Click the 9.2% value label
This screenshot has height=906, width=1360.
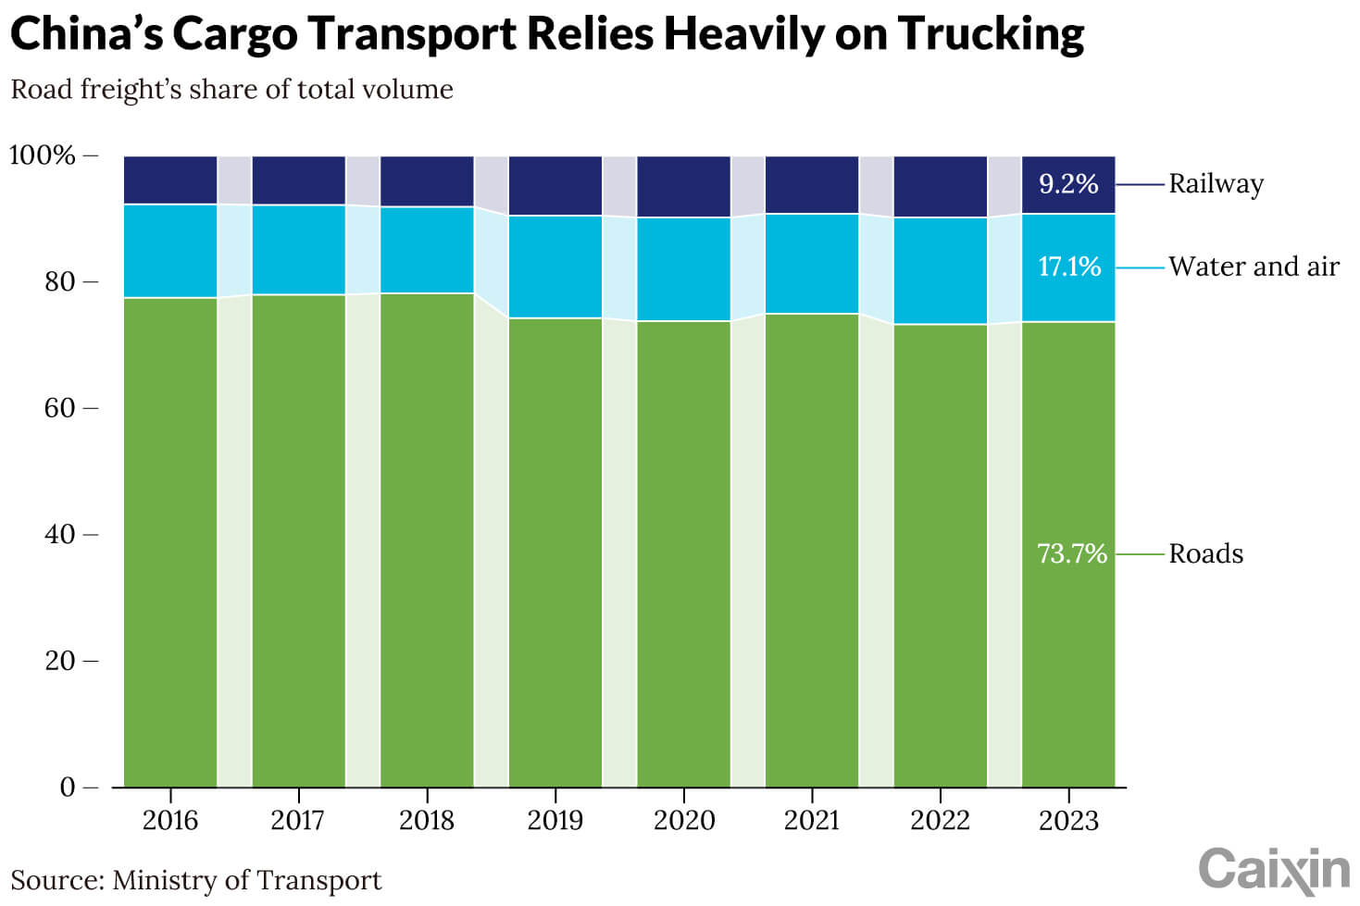(x=1068, y=184)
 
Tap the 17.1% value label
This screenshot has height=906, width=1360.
(x=1069, y=267)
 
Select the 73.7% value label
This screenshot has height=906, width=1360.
(x=1071, y=553)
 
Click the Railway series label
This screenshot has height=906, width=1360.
(x=1216, y=184)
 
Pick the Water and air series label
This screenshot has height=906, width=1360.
(x=1254, y=267)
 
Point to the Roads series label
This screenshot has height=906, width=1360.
(x=1205, y=553)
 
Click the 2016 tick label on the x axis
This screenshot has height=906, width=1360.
(x=170, y=820)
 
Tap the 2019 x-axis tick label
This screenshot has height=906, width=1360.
(x=555, y=820)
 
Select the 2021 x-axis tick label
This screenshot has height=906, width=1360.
(x=811, y=820)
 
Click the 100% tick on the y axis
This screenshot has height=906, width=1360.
(x=43, y=155)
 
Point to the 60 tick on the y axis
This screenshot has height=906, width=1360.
(x=59, y=408)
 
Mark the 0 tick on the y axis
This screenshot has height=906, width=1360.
(x=67, y=788)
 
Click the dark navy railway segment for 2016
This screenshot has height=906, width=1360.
(x=170, y=180)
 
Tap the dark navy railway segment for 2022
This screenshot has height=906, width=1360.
(x=940, y=187)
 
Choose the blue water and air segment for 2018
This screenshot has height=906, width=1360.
(x=427, y=250)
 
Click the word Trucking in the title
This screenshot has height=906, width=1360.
(x=991, y=34)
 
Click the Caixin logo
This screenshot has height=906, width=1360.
(x=1274, y=870)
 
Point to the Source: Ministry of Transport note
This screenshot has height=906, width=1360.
(x=195, y=880)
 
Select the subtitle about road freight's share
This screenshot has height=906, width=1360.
(x=231, y=90)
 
